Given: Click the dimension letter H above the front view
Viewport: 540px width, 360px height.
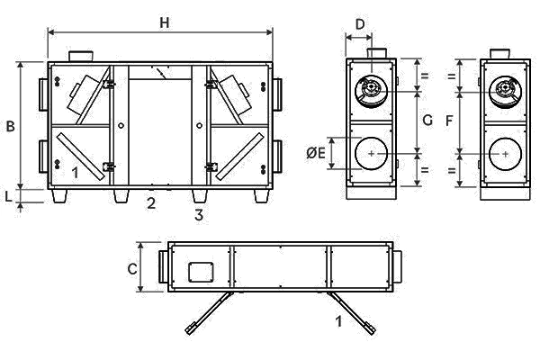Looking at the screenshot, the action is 165,22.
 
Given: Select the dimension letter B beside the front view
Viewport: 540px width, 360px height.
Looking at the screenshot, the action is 11,126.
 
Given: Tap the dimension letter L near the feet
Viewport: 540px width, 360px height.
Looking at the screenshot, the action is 9,196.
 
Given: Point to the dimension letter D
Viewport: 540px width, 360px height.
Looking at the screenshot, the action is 360,25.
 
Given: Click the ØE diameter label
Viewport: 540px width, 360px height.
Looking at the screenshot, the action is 316,153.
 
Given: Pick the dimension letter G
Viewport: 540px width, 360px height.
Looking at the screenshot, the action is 427,121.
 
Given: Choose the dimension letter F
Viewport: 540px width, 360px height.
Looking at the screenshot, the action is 449,121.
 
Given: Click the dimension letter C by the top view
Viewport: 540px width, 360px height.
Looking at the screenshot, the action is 132,269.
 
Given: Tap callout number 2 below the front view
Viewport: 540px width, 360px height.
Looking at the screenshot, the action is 151,203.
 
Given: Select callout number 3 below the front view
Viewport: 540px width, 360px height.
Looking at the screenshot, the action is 199,215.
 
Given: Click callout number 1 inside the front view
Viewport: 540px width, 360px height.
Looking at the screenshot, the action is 75,173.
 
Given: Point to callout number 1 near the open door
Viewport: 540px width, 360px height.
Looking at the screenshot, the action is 339,321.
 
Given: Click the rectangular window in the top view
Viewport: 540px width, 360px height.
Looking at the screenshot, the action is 201,272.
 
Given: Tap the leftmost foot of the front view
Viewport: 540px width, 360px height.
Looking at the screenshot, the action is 59,196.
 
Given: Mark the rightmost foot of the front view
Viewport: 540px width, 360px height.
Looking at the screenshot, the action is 261,196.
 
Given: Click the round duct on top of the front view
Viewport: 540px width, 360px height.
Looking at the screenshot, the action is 81,56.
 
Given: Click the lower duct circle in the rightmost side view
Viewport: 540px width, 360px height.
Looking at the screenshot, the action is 505,154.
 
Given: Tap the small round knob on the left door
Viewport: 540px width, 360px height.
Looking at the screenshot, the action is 121,126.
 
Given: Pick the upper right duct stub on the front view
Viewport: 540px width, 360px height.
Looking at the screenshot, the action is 277,94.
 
